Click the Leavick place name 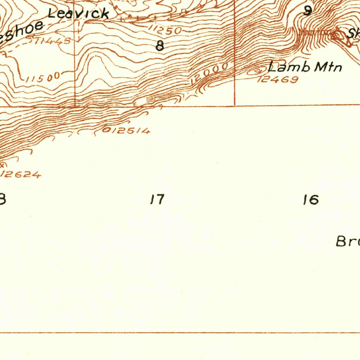click(78, 13)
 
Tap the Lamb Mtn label click(304, 66)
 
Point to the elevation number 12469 click(278, 79)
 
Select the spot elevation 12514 click(129, 131)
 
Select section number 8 click(160, 46)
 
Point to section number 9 click(308, 11)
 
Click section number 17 click(157, 200)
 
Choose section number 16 click(311, 200)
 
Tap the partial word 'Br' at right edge click(347, 242)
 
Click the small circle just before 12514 click(105, 131)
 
